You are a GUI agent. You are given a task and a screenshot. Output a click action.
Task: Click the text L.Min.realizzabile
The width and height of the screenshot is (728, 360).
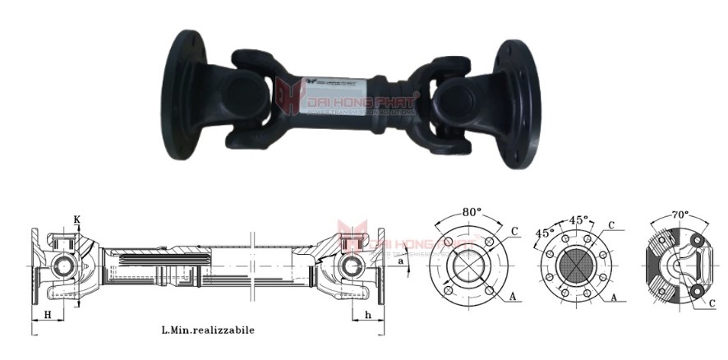(x=208, y=330)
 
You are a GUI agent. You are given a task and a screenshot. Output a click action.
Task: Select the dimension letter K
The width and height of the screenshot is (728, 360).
(x=77, y=219)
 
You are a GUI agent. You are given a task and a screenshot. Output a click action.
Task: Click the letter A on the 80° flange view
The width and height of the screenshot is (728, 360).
(x=514, y=293)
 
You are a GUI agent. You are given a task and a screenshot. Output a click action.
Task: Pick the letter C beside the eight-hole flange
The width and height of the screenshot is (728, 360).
(x=611, y=224)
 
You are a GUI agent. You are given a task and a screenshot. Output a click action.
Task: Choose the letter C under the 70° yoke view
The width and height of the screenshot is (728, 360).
(x=713, y=303)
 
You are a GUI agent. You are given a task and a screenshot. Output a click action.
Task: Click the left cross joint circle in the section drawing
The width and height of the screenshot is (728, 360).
(x=61, y=267)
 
